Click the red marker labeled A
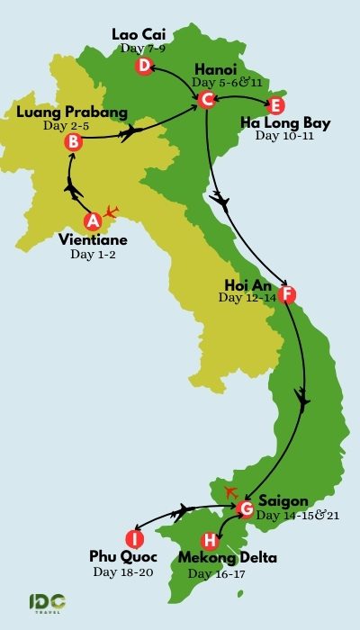[92, 220]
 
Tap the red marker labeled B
[74, 141]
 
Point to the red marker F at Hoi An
[286, 294]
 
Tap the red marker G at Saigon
[244, 509]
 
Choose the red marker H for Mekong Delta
[209, 541]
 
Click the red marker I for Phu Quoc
[134, 538]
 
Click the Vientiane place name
[92, 240]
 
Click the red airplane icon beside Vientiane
[112, 212]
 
